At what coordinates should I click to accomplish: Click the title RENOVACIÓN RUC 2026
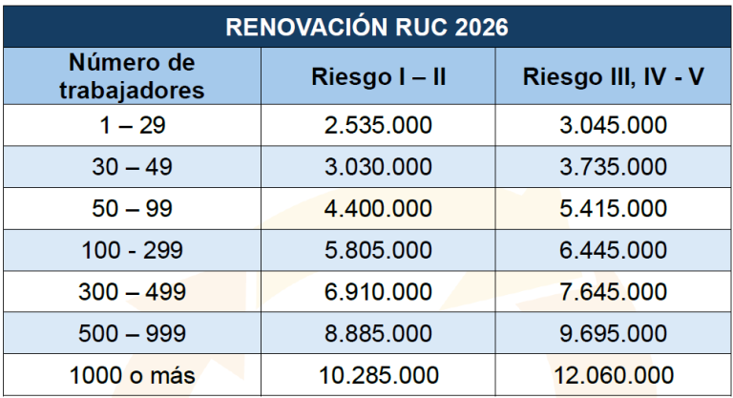click(366, 25)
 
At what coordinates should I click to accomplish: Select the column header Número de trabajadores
click(132, 77)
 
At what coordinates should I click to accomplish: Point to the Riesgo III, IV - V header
click(614, 77)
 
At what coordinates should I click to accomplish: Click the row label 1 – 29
click(132, 125)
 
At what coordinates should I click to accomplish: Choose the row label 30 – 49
click(132, 167)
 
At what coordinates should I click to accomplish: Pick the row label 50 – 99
click(132, 209)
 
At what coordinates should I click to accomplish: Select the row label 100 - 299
click(132, 250)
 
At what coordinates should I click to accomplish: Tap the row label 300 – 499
click(132, 292)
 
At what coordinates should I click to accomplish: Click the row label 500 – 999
click(132, 334)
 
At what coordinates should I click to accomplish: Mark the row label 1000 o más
click(132, 376)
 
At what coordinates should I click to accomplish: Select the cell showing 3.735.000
click(614, 167)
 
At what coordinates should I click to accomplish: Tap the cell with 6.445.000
click(614, 250)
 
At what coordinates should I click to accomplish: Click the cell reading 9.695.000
click(614, 334)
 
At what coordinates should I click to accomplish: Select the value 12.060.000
click(614, 376)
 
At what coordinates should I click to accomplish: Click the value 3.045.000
click(614, 125)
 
